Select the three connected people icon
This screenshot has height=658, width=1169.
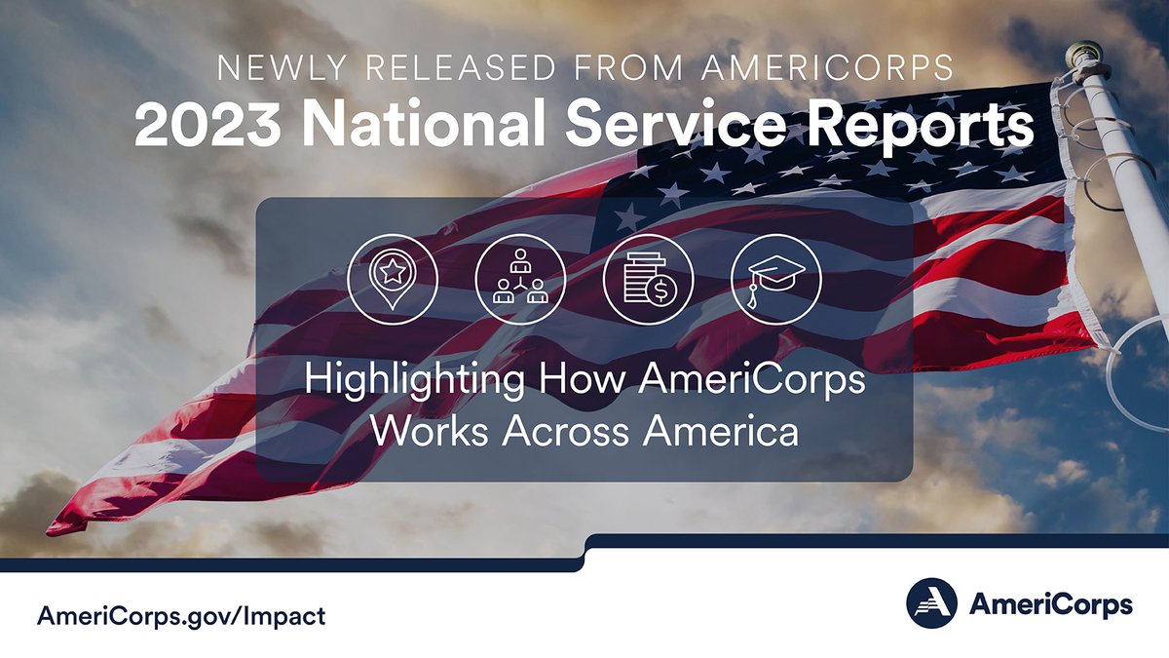(520, 278)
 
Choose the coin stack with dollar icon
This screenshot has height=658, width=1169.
(647, 278)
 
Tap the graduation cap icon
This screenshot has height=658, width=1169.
(775, 278)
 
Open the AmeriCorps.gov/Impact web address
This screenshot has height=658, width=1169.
(181, 616)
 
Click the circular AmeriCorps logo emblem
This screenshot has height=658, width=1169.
(931, 603)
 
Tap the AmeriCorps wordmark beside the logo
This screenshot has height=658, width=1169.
(1049, 604)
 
